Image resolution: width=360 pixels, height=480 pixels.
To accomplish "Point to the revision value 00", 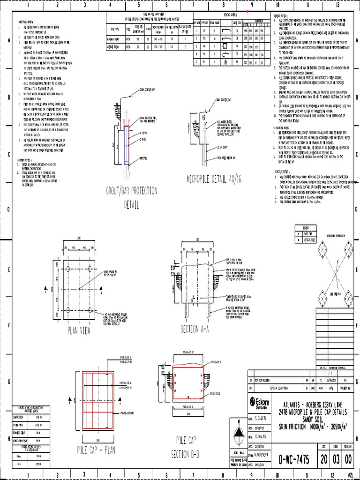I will coord(347,459).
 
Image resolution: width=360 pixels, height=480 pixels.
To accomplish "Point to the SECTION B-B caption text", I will coord(187,453).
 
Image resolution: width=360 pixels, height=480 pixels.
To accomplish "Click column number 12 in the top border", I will coord(337,6).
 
